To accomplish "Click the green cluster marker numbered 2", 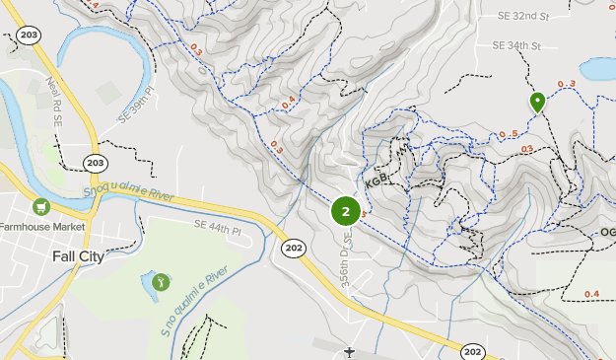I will point(345,211).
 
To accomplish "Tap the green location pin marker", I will point(537,101).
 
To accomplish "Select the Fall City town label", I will point(77,256).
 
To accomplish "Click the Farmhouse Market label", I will point(43,227).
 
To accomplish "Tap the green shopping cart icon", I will point(40,206).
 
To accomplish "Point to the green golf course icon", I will point(161,282).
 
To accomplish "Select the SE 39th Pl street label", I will point(138,106).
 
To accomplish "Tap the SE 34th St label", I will point(517,46).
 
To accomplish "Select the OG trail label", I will point(607,233).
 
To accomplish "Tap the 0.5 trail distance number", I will point(508,135).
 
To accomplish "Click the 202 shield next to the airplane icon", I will point(472,352).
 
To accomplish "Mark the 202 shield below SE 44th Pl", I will point(293,248).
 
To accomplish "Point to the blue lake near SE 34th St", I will point(598,69).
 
